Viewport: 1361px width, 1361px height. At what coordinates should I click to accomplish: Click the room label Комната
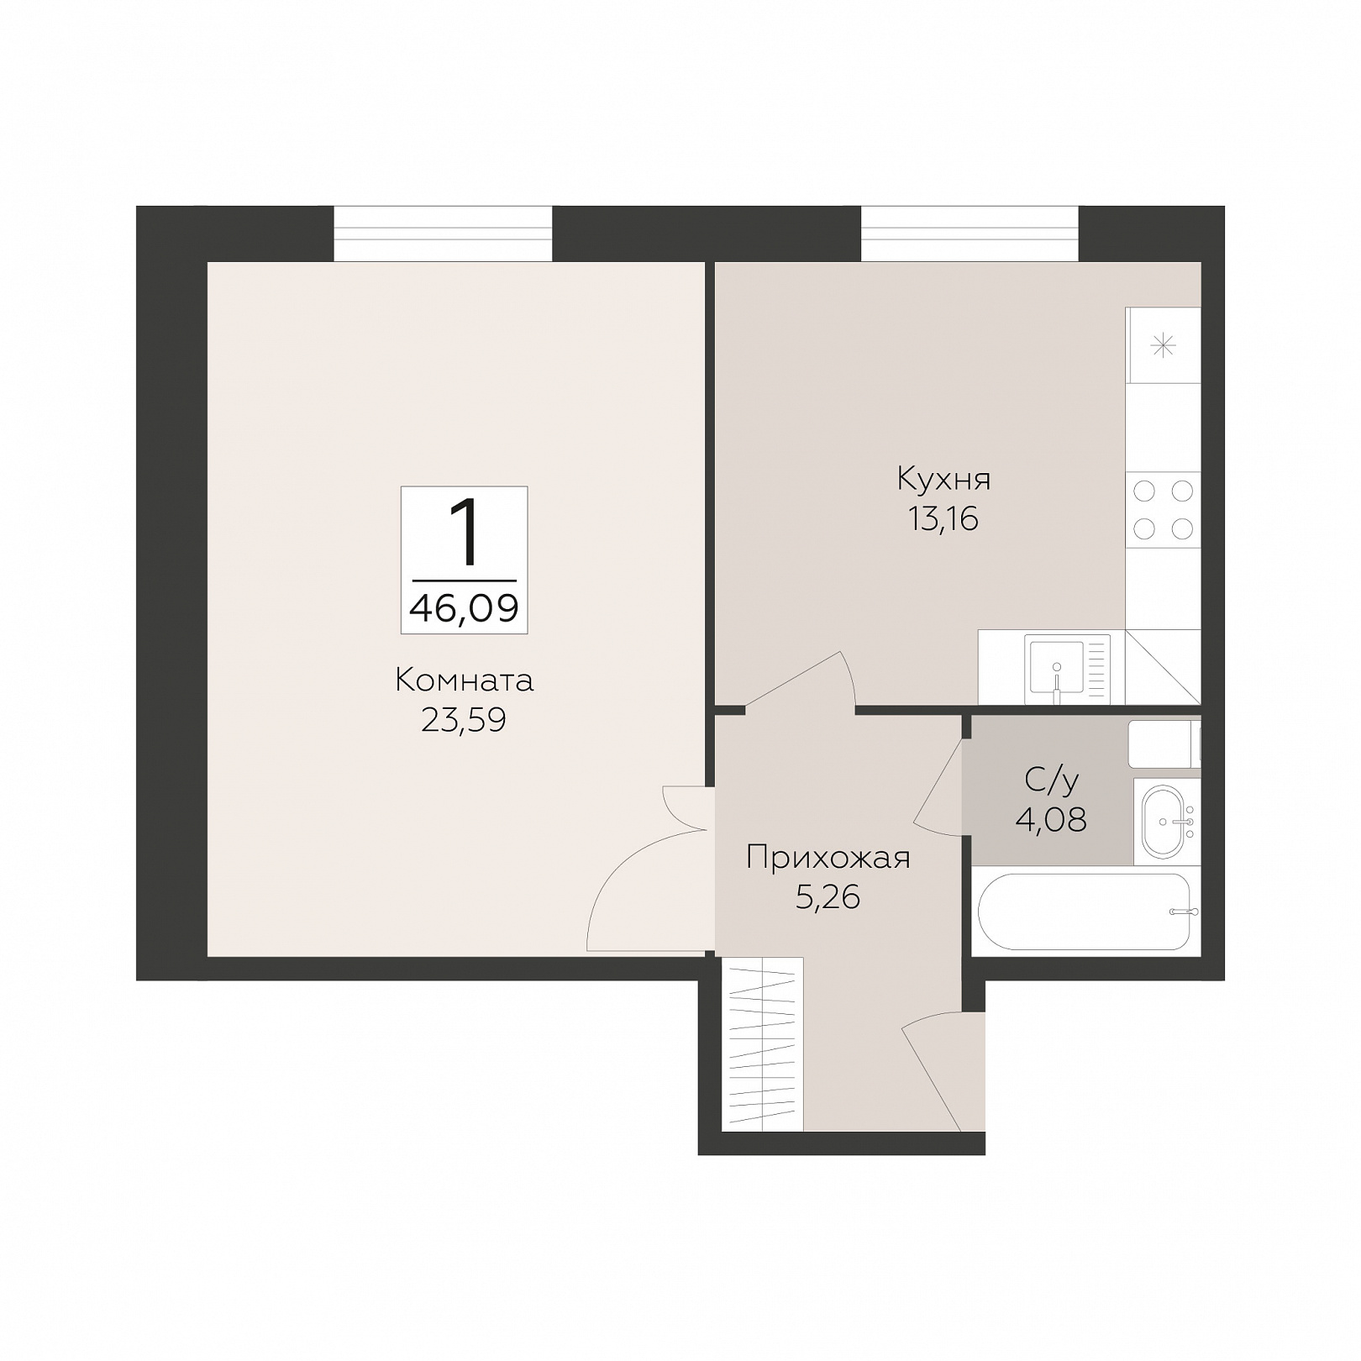coord(464,680)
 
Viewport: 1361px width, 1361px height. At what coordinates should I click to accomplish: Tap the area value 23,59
coord(464,721)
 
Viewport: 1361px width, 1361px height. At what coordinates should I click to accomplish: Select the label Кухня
coord(943,479)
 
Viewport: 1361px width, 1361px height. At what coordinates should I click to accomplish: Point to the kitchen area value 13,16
coord(943,519)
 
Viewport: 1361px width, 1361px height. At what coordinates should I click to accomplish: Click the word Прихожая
coord(828,859)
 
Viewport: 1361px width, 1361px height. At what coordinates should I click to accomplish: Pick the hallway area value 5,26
coord(828,898)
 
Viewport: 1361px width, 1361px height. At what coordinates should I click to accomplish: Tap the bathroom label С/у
coord(1051,780)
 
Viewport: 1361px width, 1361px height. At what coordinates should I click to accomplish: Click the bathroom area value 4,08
coord(1051,819)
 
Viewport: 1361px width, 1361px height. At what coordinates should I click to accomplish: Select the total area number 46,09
coord(464,607)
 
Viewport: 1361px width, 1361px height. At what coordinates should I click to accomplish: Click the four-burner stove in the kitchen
coord(1163,510)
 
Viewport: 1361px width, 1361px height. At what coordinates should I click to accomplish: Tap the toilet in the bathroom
coord(1164,744)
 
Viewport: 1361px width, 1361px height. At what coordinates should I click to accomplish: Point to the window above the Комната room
coord(443,234)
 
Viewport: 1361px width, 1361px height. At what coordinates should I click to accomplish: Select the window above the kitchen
coord(970,234)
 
